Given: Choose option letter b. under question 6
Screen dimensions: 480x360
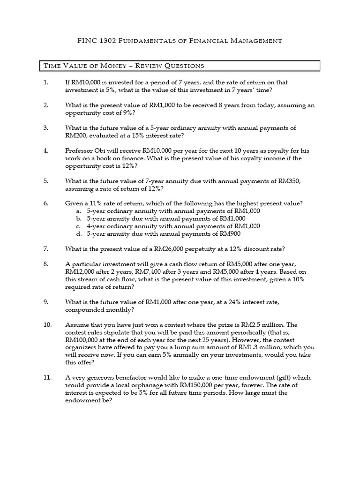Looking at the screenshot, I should click(x=79, y=218).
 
